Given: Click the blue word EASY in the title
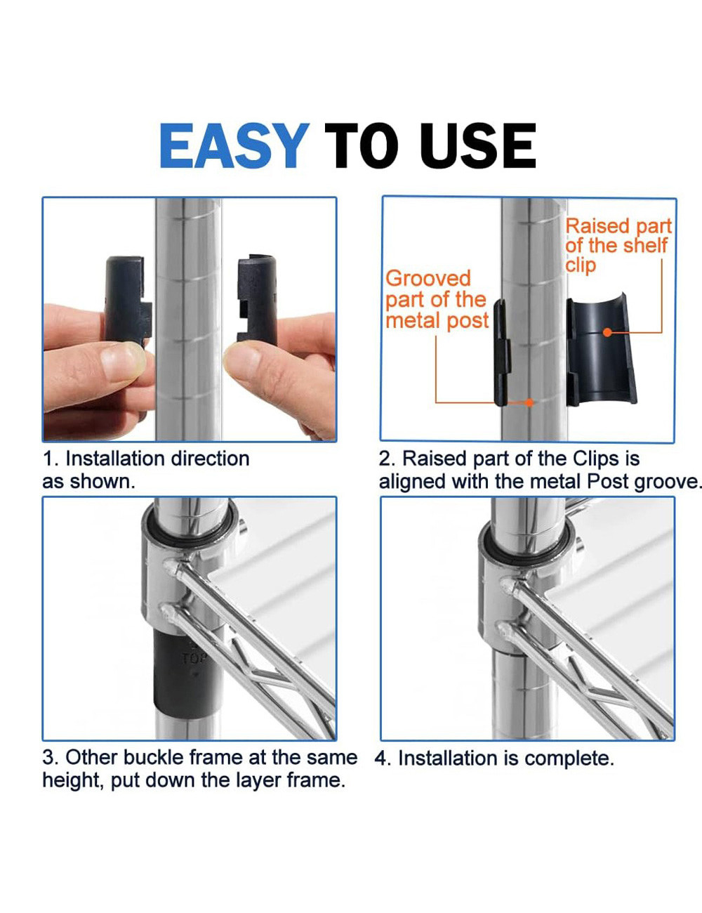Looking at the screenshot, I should pos(234,146).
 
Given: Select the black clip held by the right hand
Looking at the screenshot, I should pos(257,298).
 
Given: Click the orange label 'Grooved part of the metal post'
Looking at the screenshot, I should pos(436,300).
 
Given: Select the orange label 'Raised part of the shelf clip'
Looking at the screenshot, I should pos(618,245).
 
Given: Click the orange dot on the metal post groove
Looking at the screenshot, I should pos(531,402).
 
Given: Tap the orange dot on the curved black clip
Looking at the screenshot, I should pos(607,332).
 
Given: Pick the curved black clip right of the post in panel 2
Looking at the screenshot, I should pos(600,351).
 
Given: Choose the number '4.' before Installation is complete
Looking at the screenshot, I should pos(383,759).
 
